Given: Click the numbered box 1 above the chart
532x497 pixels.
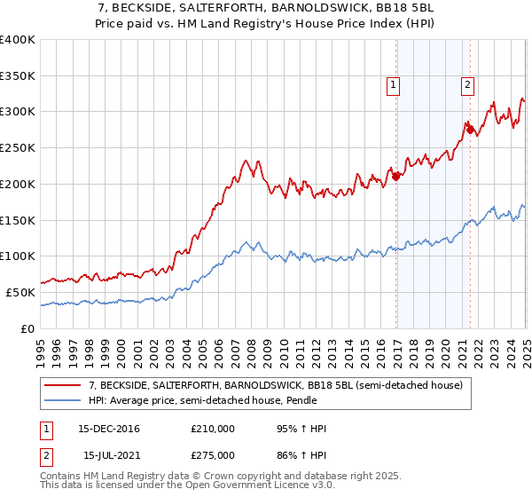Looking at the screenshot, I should [392, 85].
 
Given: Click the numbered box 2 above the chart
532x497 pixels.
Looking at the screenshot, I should [466, 85].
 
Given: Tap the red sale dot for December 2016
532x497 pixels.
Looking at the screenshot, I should [396, 176].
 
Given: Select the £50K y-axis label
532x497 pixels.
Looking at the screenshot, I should [20, 292].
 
